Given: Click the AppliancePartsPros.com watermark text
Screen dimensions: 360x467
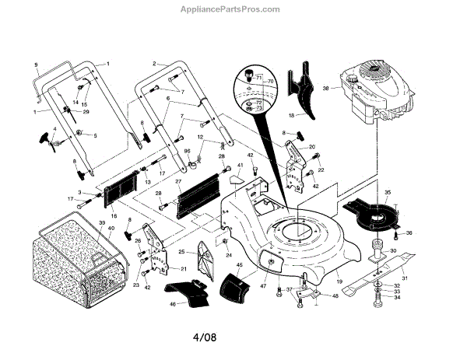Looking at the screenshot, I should pos(233,9).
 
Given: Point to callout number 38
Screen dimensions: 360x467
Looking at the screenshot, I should pos(327,87).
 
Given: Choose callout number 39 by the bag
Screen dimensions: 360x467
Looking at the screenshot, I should pos(100,223).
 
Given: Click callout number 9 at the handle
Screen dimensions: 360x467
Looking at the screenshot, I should pos(36,63).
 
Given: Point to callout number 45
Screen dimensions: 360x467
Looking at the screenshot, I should pos(240,266).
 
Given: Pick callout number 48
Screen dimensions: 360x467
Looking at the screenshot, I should pos(335,295).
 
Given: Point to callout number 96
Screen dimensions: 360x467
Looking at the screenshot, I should pos(187,150).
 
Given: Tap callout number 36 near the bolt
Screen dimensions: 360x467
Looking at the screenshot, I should pos(410,233).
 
